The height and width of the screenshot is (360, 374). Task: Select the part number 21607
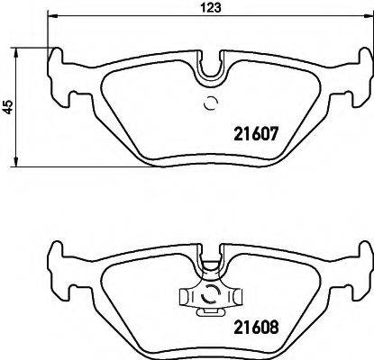click(x=261, y=130)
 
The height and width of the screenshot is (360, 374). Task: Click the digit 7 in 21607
click(x=281, y=130)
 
